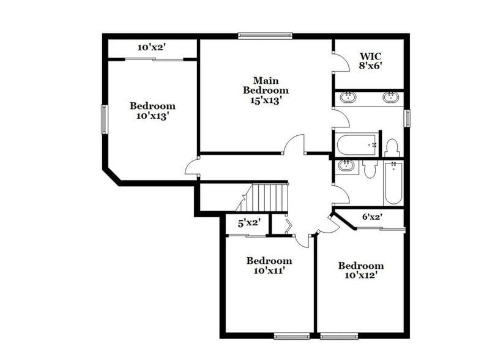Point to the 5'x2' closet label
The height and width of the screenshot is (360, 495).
tap(248, 223)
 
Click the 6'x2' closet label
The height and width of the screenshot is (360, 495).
tap(372, 217)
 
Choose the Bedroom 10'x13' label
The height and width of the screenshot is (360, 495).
tap(152, 111)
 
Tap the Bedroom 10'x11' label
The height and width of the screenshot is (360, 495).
tap(269, 265)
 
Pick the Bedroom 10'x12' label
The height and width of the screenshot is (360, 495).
tap(361, 270)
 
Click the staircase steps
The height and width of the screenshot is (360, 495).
tap(269, 198)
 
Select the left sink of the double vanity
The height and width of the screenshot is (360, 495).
tap(348, 96)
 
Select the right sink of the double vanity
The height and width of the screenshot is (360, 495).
tap(390, 96)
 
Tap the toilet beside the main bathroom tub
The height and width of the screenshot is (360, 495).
tap(392, 148)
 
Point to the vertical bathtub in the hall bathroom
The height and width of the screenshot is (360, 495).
tap(393, 182)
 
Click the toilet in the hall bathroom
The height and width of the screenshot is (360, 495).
tap(369, 168)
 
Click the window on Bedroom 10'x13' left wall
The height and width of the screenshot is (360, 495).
tap(104, 119)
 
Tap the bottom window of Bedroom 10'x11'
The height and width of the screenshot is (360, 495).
tap(291, 336)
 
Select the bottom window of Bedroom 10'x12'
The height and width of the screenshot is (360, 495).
tap(338, 336)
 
